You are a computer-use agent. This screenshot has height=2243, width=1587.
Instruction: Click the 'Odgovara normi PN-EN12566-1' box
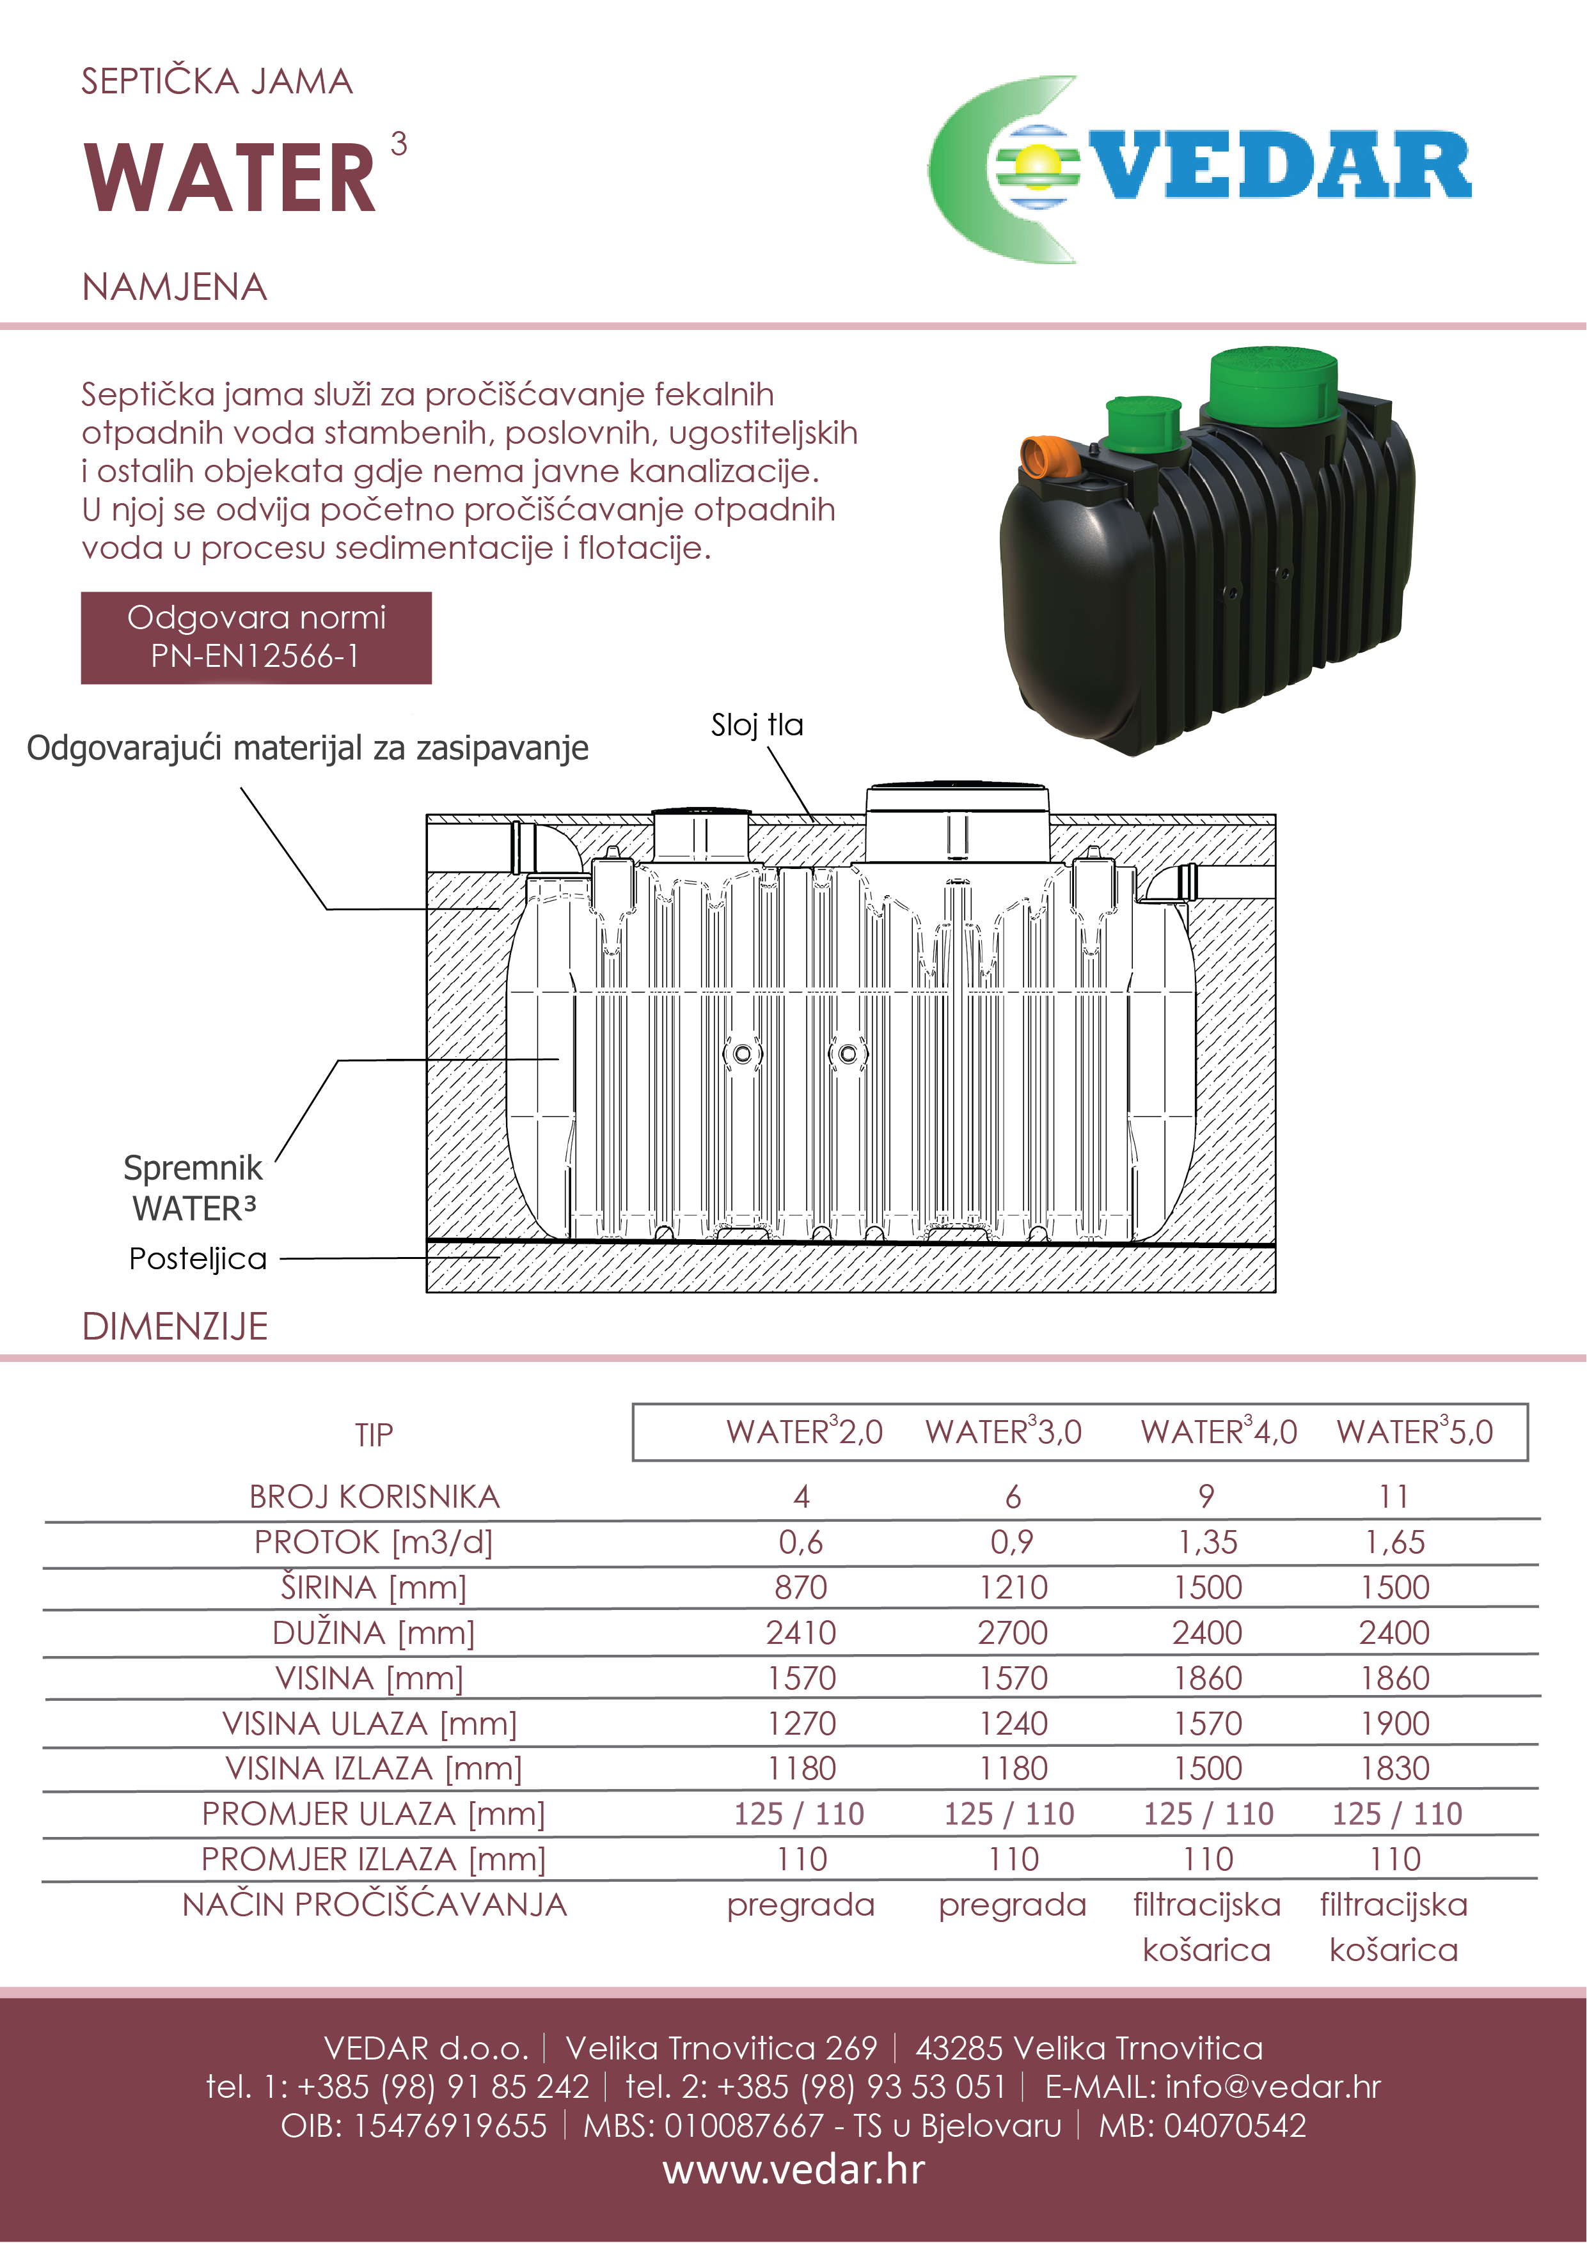click(x=256, y=637)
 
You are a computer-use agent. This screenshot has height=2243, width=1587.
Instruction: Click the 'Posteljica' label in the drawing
click(x=198, y=1258)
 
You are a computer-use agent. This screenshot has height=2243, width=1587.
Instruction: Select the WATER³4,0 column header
click(x=1218, y=1432)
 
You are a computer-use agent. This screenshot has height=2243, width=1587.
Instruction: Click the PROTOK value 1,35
click(x=1208, y=1542)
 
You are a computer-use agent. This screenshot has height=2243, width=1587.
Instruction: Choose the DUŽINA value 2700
click(x=1013, y=1632)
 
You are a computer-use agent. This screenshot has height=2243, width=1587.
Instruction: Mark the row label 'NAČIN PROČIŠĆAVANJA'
click(x=374, y=1904)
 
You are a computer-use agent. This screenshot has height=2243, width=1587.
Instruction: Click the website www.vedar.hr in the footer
click(x=793, y=2169)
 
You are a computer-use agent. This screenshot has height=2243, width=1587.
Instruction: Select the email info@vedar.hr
click(x=1272, y=2087)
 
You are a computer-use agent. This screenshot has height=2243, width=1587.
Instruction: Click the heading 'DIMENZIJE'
click(x=175, y=1325)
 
